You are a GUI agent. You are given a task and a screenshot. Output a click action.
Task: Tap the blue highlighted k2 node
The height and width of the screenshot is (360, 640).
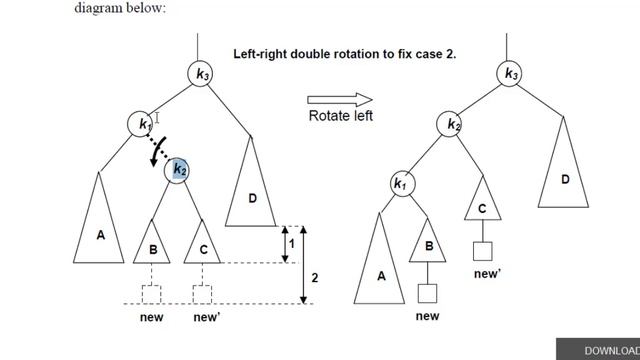(x=178, y=169)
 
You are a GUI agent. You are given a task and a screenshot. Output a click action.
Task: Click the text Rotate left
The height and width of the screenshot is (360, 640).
(x=340, y=116)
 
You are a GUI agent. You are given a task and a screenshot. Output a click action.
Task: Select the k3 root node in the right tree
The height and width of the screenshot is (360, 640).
(x=510, y=73)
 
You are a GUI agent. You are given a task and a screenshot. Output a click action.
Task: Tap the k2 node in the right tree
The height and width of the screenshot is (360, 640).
(x=454, y=124)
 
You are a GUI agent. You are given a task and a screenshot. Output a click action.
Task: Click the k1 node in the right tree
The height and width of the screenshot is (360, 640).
(x=400, y=184)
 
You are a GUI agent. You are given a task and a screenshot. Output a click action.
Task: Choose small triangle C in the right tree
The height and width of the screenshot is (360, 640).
(x=482, y=206)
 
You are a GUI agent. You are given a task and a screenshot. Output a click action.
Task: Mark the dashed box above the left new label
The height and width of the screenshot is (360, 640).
(x=152, y=294)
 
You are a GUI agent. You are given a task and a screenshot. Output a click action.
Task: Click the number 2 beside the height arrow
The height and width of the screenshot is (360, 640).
(x=314, y=277)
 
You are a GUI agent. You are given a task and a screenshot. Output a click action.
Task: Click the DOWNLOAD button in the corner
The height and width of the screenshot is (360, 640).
(x=606, y=350)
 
